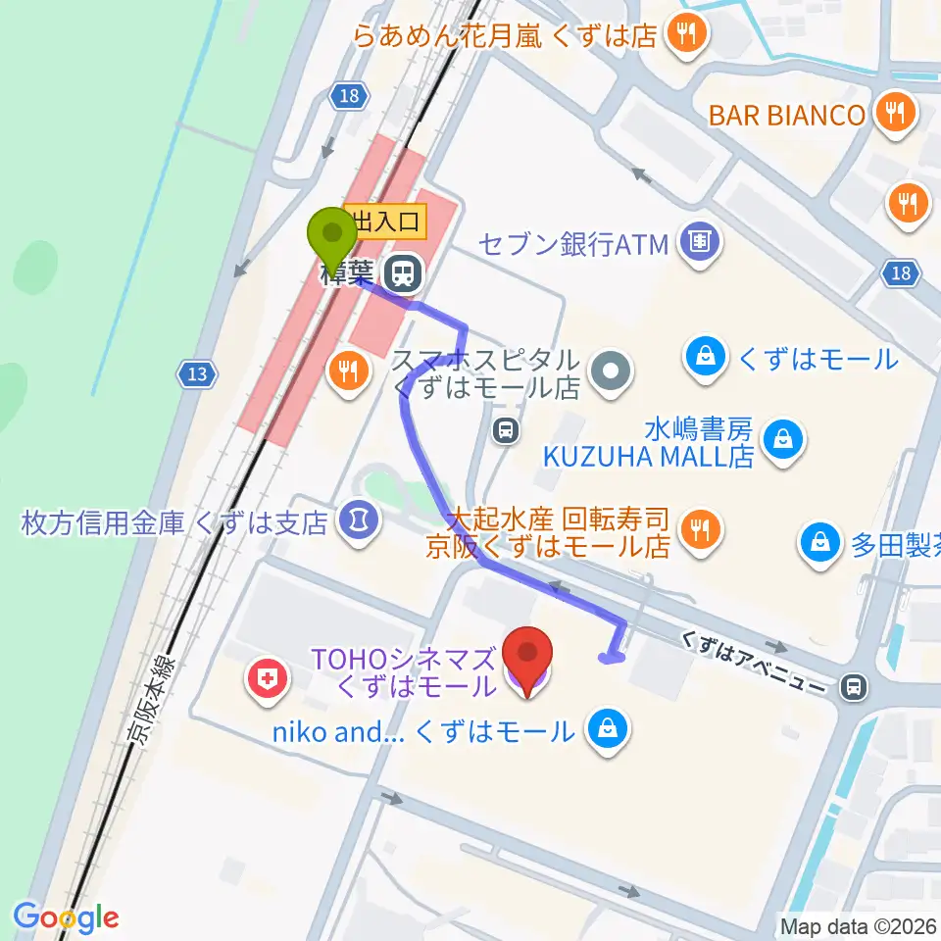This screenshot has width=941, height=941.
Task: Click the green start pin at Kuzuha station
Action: click(x=332, y=238)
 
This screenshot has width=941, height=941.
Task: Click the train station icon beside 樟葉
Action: click(x=402, y=272)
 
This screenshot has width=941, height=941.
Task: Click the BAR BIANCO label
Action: click(x=787, y=114)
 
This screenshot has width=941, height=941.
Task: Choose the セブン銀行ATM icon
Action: click(x=699, y=240)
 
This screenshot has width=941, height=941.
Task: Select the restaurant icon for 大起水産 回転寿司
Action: click(x=699, y=530)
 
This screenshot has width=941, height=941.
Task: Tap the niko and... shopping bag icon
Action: click(x=608, y=729)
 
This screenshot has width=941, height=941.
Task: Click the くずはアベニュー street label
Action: click(x=755, y=668)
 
